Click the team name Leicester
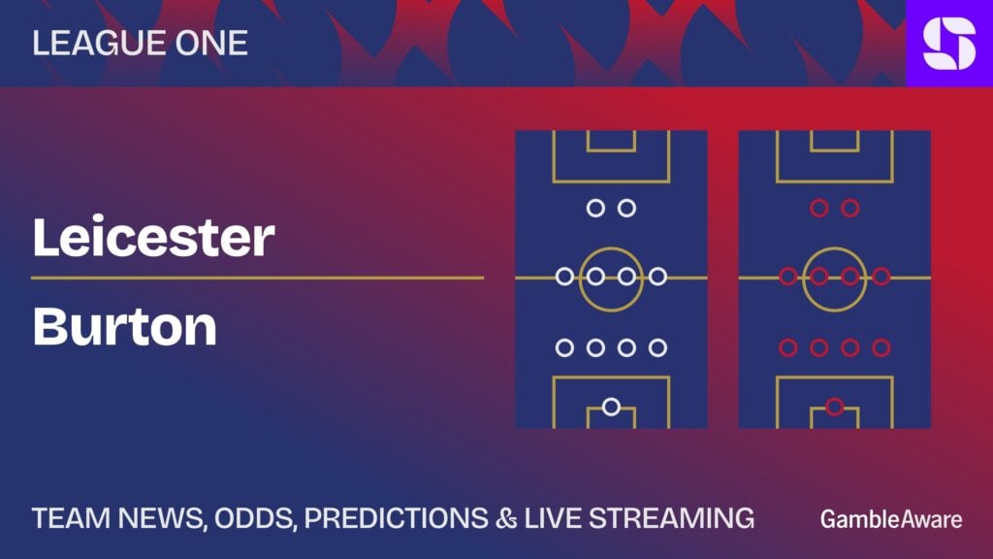click(x=153, y=237)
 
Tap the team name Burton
click(x=125, y=326)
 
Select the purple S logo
click(x=949, y=43)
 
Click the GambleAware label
click(x=891, y=519)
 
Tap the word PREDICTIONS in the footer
click(x=397, y=518)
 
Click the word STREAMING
click(x=671, y=518)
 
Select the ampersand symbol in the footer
click(x=506, y=518)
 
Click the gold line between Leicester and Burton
click(x=258, y=278)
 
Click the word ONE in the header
click(x=211, y=43)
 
